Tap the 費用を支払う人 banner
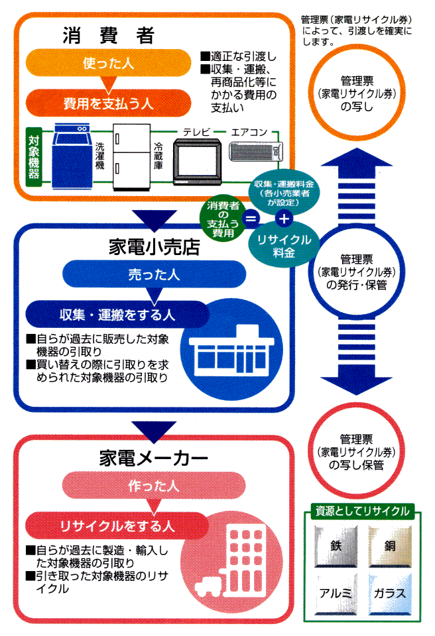tap(109, 103)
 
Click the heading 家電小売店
tap(155, 247)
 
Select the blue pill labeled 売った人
tap(154, 274)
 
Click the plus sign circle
tap(283, 217)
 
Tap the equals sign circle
tap(251, 217)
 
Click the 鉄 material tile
tap(336, 547)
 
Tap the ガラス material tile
tap(389, 592)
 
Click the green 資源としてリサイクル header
tap(362, 511)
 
